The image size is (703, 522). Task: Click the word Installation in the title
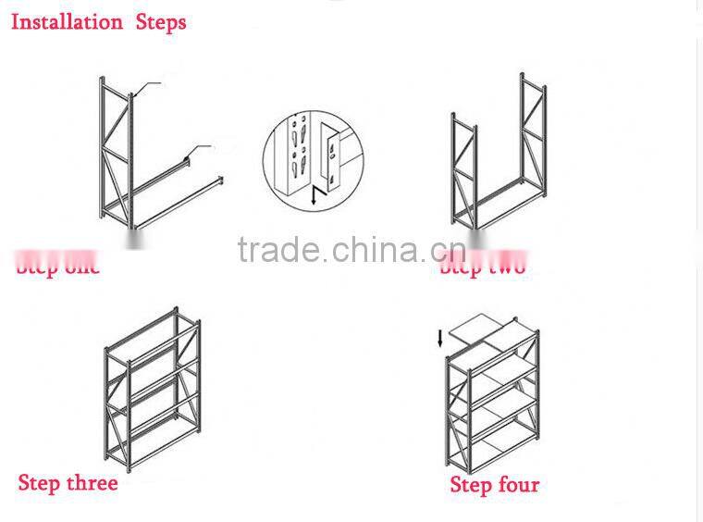[x=67, y=21]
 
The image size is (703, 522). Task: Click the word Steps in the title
[x=161, y=21]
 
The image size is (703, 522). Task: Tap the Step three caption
[x=68, y=483]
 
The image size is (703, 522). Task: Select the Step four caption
[x=494, y=484]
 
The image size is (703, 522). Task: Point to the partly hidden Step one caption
[x=57, y=267]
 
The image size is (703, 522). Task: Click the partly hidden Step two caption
[x=482, y=267]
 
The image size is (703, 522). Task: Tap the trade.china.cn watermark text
[x=351, y=250]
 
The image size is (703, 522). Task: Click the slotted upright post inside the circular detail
[x=297, y=153]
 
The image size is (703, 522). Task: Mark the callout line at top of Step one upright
[x=148, y=86]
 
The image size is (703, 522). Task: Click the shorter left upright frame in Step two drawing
[x=463, y=171]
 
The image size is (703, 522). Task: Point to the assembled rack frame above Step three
[x=153, y=389]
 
